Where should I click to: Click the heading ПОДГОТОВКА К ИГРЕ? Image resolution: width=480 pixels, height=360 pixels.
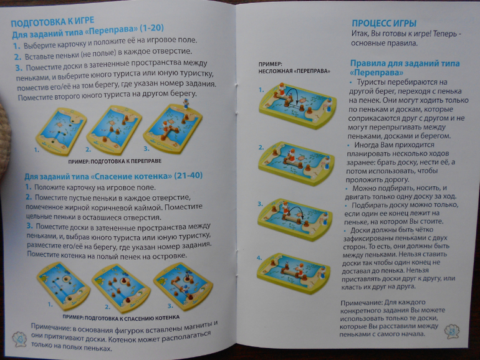point(52,22)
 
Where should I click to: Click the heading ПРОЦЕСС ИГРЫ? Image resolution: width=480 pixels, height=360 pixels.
point(384,23)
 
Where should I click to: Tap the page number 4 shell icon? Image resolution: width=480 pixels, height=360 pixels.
point(19,339)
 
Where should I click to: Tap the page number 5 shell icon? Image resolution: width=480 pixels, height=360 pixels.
point(452,331)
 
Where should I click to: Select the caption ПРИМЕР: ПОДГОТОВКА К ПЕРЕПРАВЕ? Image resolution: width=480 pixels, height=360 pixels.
point(115,161)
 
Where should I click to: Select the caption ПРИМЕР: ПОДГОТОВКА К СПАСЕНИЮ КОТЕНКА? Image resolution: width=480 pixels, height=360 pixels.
point(121,318)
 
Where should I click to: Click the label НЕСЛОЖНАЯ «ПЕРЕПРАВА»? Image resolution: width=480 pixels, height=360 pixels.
point(294,71)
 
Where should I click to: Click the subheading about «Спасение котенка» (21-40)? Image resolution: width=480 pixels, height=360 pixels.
point(113,176)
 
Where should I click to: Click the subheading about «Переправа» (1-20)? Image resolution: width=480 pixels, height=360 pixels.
point(88,31)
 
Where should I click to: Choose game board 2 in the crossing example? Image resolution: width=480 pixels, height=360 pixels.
point(296,162)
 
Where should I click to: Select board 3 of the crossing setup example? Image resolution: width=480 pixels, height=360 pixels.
point(173,128)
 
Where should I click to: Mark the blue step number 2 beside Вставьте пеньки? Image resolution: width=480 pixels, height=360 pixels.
point(17,57)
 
